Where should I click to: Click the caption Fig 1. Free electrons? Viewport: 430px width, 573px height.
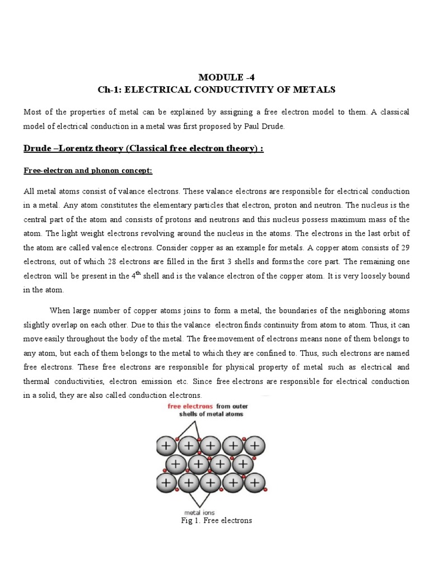point(215,521)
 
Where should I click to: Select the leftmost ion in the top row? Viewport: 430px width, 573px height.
point(166,445)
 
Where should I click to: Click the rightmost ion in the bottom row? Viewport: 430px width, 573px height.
point(255,481)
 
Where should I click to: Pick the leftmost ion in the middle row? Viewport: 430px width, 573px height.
point(177,464)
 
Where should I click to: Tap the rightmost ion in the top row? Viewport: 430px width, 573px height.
point(255,445)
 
